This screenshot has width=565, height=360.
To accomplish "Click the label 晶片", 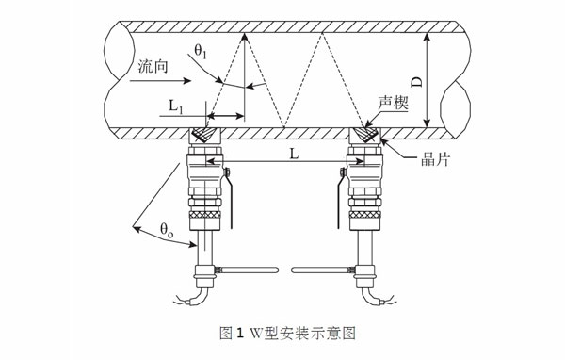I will (x=434, y=160).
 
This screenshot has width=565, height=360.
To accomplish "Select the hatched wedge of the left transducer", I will (x=203, y=134).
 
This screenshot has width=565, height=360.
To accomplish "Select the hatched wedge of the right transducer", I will (x=363, y=134).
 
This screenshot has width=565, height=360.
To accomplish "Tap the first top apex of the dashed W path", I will (x=244, y=35).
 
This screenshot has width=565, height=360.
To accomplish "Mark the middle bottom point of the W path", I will (x=283, y=127).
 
